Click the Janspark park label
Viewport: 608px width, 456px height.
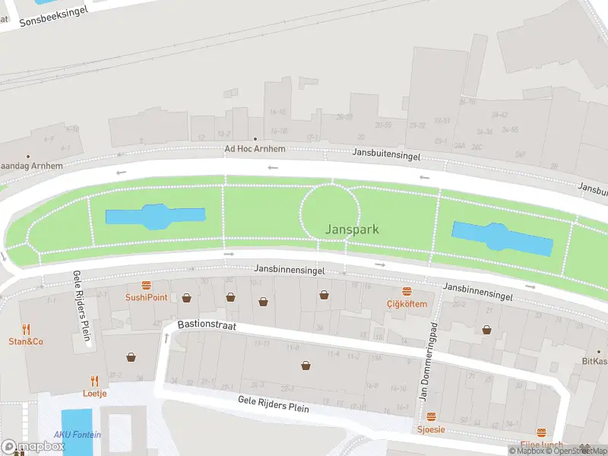pyautogui.click(x=351, y=229)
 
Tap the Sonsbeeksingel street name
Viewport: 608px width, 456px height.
pyautogui.click(x=53, y=15)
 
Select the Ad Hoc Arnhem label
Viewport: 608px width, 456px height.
pyautogui.click(x=255, y=149)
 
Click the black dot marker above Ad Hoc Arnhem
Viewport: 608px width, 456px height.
pyautogui.click(x=245, y=139)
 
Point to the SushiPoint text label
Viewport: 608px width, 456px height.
pyautogui.click(x=146, y=297)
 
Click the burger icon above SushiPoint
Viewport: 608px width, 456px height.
pyautogui.click(x=146, y=287)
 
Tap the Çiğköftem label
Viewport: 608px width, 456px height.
pyautogui.click(x=407, y=304)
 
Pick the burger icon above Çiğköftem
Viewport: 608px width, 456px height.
pyautogui.click(x=407, y=292)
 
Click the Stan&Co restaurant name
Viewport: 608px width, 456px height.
pyautogui.click(x=26, y=341)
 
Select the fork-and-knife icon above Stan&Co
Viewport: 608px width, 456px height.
pyautogui.click(x=26, y=329)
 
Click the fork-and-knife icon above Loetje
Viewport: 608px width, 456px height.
pyautogui.click(x=95, y=381)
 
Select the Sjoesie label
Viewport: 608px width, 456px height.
pyautogui.click(x=431, y=429)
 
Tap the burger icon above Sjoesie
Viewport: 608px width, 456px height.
pyautogui.click(x=431, y=417)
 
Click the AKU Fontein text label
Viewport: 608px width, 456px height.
pyautogui.click(x=77, y=435)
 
